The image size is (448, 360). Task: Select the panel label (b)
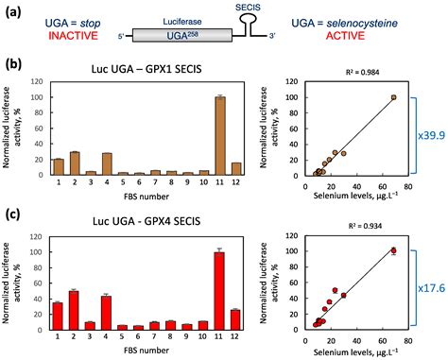pyautogui.click(x=13, y=65)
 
